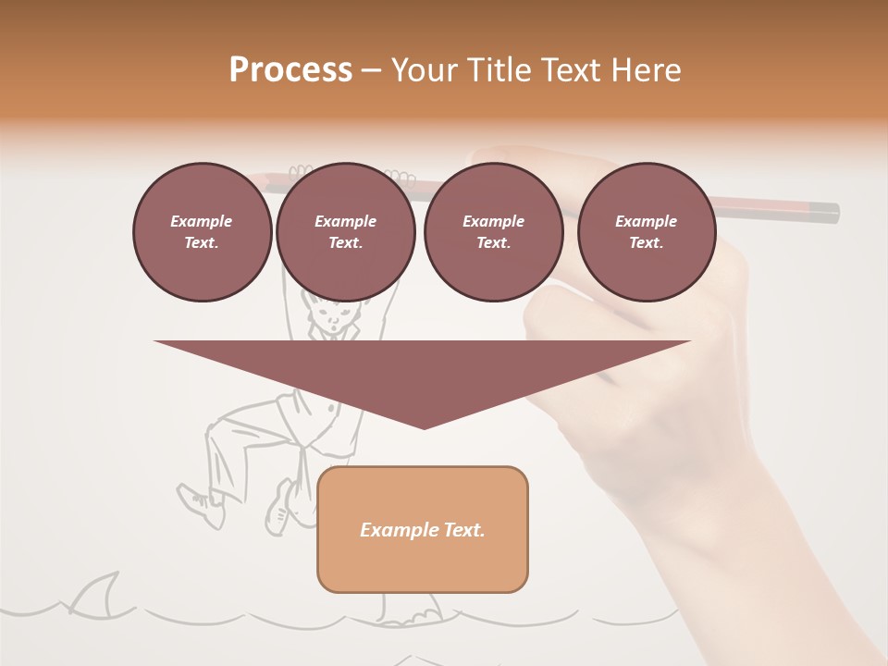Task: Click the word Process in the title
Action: (x=290, y=69)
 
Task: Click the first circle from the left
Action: (x=202, y=232)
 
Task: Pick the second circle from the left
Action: (x=345, y=232)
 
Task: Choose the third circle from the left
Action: (x=493, y=232)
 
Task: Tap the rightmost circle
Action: (x=646, y=232)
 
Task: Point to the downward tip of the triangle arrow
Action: (x=424, y=426)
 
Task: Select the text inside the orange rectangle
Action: (x=422, y=530)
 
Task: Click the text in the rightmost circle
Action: (x=646, y=232)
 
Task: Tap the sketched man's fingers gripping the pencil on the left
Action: (x=300, y=172)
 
